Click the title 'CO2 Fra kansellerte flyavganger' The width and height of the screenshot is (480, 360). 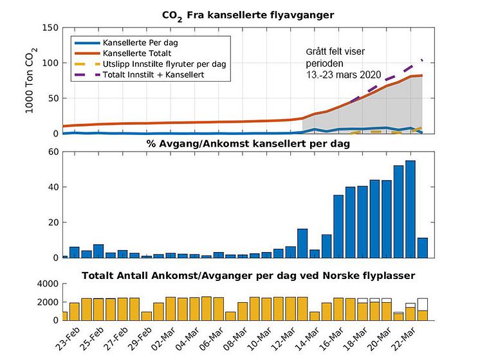(x=248, y=15)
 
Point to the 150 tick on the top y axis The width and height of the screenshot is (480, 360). (x=50, y=28)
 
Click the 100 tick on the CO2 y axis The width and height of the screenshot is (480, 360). (x=50, y=63)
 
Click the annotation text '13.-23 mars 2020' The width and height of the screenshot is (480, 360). (x=344, y=75)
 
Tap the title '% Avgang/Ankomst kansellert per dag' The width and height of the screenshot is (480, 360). (x=248, y=143)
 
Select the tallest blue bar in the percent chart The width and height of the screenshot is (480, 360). (x=411, y=209)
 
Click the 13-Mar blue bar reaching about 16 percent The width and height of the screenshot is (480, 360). (x=302, y=244)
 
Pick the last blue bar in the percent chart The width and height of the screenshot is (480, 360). (x=423, y=248)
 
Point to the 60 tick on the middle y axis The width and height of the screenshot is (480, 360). (x=53, y=152)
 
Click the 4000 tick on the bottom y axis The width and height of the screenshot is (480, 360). (x=48, y=284)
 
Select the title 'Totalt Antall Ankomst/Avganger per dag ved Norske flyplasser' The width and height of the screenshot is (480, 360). (x=248, y=276)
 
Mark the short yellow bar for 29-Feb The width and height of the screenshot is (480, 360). (x=147, y=316)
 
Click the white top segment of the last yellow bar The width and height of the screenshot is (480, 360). (x=423, y=305)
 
